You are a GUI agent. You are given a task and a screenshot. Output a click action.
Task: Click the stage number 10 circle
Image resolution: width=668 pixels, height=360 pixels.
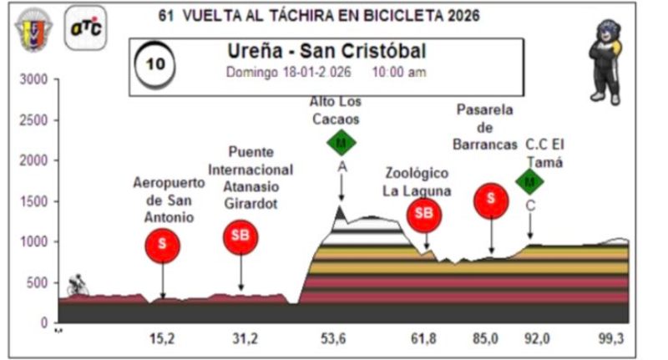tap(155, 64)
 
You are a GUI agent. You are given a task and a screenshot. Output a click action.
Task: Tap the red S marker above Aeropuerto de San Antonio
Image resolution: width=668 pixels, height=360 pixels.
tap(162, 246)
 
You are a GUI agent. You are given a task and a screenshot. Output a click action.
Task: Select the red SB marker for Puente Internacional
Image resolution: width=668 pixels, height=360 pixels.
tap(240, 237)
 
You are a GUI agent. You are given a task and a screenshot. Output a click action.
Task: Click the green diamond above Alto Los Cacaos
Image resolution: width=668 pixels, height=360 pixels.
tap(341, 142)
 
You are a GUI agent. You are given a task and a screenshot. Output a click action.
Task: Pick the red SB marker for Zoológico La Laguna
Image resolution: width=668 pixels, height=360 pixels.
tap(424, 215)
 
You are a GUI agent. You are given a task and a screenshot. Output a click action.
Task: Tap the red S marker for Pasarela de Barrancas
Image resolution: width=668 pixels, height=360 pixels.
tap(491, 199)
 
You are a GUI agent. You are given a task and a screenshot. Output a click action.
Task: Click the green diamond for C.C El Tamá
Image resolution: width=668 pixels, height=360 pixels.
tap(529, 180)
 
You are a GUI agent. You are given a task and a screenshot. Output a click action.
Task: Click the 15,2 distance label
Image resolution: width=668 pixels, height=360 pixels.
tap(161, 338)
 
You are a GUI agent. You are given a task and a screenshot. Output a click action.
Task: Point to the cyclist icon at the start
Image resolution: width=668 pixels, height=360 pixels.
tap(78, 284)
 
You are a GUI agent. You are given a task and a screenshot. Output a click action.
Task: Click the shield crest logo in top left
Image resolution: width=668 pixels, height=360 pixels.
tap(33, 29)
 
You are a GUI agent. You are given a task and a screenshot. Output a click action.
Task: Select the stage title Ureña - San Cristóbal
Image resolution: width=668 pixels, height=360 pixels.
tap(326, 52)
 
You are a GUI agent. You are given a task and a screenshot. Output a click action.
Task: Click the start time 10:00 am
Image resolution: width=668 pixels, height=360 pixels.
tap(398, 72)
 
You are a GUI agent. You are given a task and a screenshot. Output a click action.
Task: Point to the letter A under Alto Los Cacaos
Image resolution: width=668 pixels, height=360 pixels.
tap(341, 166)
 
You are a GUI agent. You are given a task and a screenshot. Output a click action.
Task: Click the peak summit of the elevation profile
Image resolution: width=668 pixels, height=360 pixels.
tap(340, 206)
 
